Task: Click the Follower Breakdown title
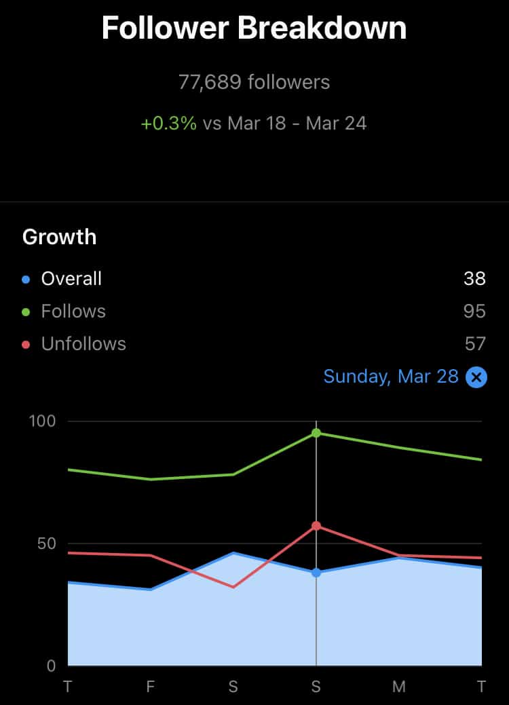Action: pyautogui.click(x=254, y=28)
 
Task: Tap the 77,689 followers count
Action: pyautogui.click(x=254, y=83)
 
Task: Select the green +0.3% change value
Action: pyautogui.click(x=168, y=123)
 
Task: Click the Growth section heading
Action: pyautogui.click(x=60, y=237)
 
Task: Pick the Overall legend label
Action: pyautogui.click(x=71, y=278)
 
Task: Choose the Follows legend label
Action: pyautogui.click(x=73, y=311)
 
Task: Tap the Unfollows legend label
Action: pyautogui.click(x=83, y=344)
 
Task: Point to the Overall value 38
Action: pyautogui.click(x=475, y=278)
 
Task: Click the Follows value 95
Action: pyautogui.click(x=475, y=311)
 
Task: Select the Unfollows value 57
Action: pyautogui.click(x=475, y=344)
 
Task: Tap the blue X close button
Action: pyautogui.click(x=476, y=377)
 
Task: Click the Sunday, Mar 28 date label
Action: pyautogui.click(x=391, y=377)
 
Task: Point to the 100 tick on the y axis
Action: pyautogui.click(x=41, y=421)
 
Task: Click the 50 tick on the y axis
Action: pyautogui.click(x=46, y=544)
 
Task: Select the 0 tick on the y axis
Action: pyautogui.click(x=51, y=666)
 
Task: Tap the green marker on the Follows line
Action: pyautogui.click(x=316, y=433)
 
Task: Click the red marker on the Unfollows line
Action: pyautogui.click(x=316, y=526)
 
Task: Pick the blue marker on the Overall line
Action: pyautogui.click(x=316, y=573)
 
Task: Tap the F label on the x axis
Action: pyautogui.click(x=150, y=687)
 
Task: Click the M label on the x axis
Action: pyautogui.click(x=399, y=687)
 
